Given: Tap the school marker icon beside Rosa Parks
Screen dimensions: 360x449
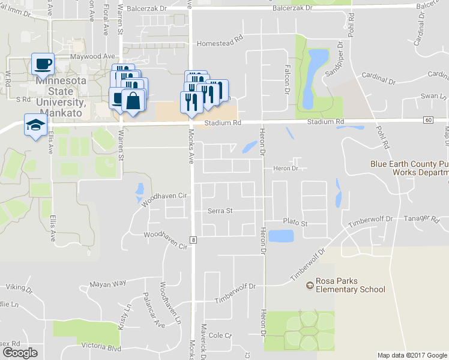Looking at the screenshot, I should click(310, 284).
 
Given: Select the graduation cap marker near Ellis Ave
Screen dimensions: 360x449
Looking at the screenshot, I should click(35, 125).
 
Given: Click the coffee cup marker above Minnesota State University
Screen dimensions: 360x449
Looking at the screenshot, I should click(43, 64).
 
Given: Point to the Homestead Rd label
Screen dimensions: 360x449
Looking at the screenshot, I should click(219, 44).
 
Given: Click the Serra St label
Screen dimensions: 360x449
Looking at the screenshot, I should click(220, 211).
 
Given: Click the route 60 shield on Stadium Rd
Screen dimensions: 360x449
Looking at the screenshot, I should click(428, 121).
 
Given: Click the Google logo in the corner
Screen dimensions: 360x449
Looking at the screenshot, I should click(20, 353).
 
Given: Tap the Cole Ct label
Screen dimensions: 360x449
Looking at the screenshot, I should click(220, 335).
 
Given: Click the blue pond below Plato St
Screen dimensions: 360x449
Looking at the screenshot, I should click(280, 236).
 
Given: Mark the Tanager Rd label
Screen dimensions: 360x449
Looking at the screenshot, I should click(417, 218).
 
